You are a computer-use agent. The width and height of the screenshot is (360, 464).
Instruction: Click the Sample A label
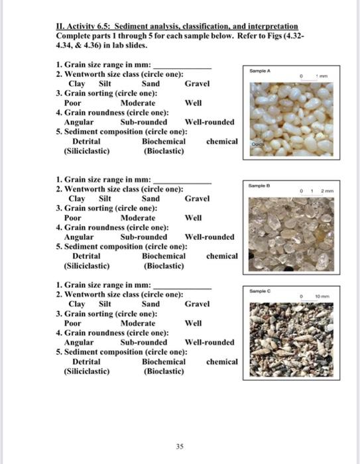tap(259, 68)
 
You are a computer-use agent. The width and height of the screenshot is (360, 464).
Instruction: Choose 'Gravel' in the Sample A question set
tap(197, 84)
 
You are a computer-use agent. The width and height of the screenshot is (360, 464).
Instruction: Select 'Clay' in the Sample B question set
tap(77, 198)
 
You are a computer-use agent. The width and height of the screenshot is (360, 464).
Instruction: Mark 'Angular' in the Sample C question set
tap(78, 342)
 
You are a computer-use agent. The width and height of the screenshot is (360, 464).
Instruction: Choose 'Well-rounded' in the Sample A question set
tap(209, 122)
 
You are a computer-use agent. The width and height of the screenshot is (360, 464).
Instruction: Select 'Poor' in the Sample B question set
tap(72, 217)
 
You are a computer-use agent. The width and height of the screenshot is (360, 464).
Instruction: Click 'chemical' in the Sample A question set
tap(221, 141)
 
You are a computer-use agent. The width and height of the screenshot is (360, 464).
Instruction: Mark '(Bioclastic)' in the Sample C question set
tap(163, 371)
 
